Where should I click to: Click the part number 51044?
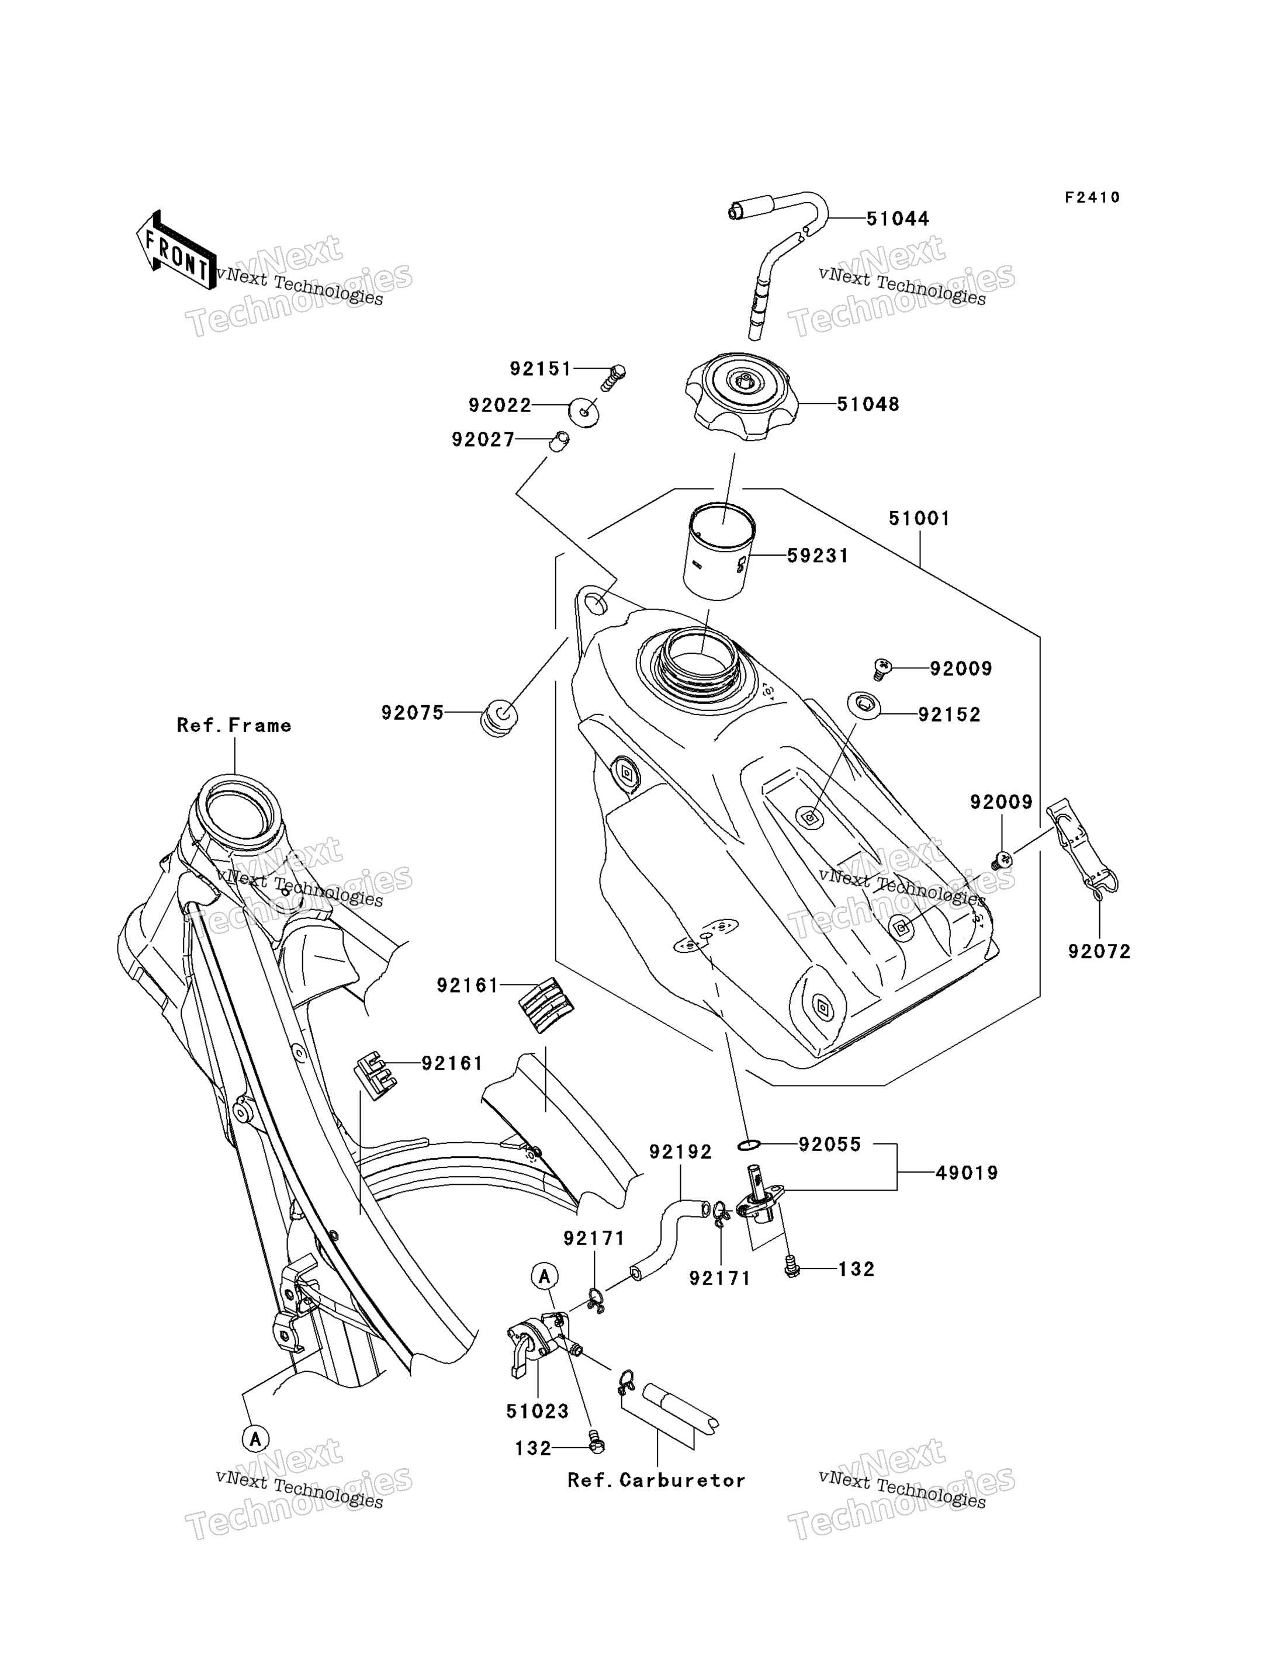click(x=898, y=219)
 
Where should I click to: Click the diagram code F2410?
click(x=1093, y=197)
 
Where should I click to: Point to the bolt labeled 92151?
click(x=612, y=377)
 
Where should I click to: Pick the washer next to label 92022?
click(x=583, y=412)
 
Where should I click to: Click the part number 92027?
click(x=483, y=440)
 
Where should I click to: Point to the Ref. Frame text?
click(x=234, y=725)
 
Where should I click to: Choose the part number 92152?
click(x=949, y=715)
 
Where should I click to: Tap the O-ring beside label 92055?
click(x=749, y=1145)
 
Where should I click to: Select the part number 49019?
click(x=967, y=1173)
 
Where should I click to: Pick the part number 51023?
click(x=538, y=1411)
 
